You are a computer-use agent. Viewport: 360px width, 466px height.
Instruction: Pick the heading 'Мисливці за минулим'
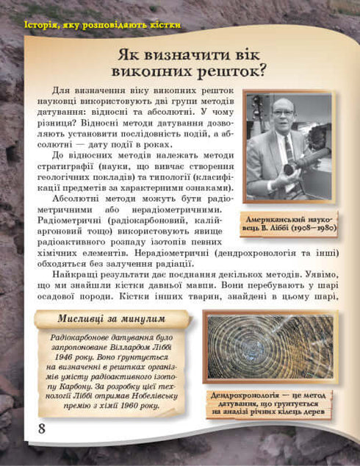pos(111,318)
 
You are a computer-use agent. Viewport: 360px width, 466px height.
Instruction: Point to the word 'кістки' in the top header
pos(161,26)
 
